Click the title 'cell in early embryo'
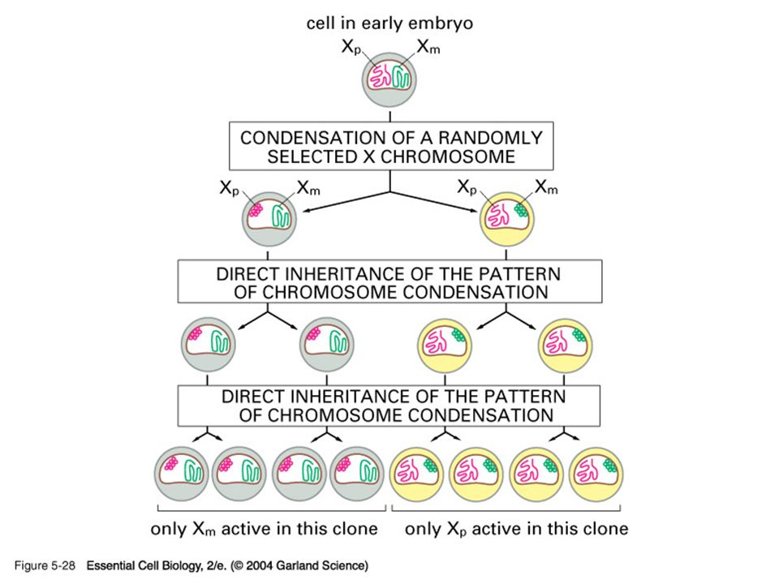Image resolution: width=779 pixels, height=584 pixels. [389, 24]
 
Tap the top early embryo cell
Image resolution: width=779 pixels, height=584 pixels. [389, 79]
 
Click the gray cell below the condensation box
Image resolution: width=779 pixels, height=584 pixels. [269, 219]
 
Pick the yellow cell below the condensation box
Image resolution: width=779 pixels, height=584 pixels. [506, 219]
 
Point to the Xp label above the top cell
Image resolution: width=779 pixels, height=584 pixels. [351, 47]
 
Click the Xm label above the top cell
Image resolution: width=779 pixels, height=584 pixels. [428, 47]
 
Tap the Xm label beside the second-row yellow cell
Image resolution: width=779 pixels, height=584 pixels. [546, 187]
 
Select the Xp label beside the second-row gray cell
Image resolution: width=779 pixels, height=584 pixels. [230, 188]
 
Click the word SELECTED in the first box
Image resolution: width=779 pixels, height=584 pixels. [312, 157]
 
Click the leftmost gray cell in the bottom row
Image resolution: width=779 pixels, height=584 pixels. [181, 474]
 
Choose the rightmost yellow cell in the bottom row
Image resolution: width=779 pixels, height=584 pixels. [595, 474]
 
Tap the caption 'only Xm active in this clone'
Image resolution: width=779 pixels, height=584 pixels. [264, 528]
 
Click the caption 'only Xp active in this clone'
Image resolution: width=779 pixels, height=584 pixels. [516, 528]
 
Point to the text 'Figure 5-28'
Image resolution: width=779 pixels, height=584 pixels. [45, 565]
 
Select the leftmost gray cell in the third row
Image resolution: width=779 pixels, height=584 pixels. [209, 345]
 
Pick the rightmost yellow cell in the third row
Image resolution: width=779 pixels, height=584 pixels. [565, 345]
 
